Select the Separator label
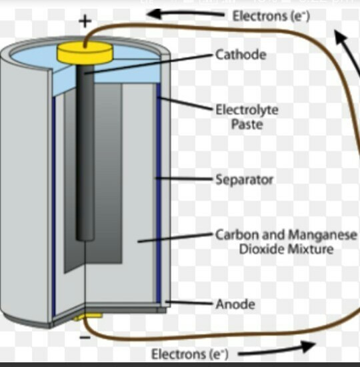point(244,179)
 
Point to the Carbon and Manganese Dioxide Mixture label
point(286,242)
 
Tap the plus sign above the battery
point(85,21)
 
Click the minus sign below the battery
point(85,338)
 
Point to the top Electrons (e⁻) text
point(271,15)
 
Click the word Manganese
point(323,235)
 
